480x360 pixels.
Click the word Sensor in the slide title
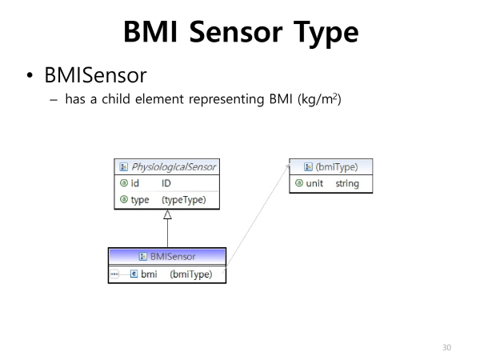tap(236, 32)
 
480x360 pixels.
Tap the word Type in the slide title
tap(326, 34)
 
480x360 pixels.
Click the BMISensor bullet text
tap(95, 75)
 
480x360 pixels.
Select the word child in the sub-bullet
tap(116, 99)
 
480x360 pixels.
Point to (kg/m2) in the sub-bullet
tap(319, 99)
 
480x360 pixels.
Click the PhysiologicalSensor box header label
tap(174, 167)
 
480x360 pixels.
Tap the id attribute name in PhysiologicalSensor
tap(134, 183)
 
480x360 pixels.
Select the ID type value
tap(166, 183)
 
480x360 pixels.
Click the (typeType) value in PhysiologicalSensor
tap(184, 200)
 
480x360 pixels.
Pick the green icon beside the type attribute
tap(124, 199)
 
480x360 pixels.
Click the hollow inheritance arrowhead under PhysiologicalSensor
tap(167, 214)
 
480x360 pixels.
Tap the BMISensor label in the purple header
tap(173, 256)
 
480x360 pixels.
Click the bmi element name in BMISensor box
tap(149, 274)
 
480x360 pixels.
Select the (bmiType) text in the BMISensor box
tap(191, 274)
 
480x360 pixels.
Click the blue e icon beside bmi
tap(134, 274)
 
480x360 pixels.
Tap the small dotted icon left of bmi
tap(114, 274)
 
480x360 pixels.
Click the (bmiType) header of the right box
tap(337, 167)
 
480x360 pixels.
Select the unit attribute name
tap(314, 183)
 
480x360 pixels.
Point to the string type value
tap(347, 184)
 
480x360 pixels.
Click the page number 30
tap(446, 347)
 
